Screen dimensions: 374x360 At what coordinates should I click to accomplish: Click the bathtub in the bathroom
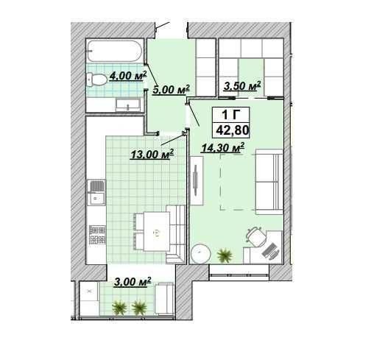(115, 51)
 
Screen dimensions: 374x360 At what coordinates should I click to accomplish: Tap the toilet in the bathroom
(96, 80)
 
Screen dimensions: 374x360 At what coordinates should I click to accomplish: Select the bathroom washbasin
(128, 105)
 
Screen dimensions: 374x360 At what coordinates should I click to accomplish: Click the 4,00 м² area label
(128, 76)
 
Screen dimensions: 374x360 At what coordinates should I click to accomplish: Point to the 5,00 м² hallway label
(171, 90)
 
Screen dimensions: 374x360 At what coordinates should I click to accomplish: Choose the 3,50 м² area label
(241, 86)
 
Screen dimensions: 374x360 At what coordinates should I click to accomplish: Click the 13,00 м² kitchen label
(152, 155)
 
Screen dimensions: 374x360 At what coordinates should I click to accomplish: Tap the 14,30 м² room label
(223, 148)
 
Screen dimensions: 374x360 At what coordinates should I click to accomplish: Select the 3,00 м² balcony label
(133, 282)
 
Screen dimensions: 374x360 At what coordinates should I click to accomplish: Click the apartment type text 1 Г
(231, 115)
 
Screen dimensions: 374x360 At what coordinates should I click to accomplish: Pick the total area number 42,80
(233, 130)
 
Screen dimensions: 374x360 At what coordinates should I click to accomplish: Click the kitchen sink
(96, 193)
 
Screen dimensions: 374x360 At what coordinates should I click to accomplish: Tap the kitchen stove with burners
(97, 235)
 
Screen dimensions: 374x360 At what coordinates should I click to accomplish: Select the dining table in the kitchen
(156, 231)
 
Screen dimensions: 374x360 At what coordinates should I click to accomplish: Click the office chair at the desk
(256, 236)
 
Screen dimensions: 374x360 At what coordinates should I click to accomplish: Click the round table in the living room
(201, 254)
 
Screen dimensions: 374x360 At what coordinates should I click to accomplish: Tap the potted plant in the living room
(225, 255)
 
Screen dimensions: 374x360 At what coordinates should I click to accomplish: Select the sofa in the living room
(269, 182)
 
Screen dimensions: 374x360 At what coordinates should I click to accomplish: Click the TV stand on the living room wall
(197, 181)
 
